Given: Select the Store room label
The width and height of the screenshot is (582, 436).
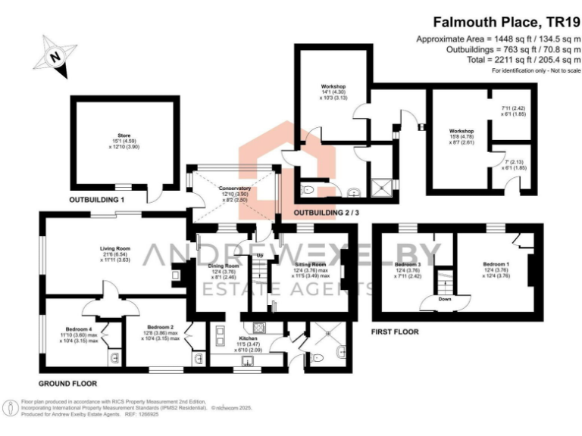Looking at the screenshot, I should (124, 135).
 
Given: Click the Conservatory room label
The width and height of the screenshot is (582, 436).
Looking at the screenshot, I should (235, 188).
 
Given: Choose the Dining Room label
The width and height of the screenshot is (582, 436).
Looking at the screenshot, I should (224, 266).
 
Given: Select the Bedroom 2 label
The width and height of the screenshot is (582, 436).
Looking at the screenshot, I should (161, 329).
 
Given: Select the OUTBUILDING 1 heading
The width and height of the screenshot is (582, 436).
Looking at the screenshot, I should (96, 199).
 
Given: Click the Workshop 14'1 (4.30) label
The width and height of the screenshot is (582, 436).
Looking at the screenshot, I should (329, 96).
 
